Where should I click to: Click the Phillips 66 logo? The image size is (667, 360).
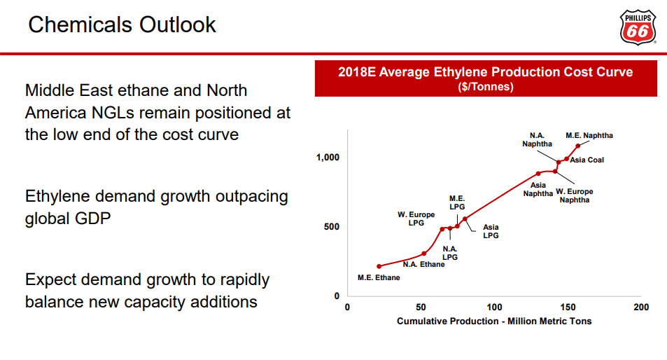[638, 27]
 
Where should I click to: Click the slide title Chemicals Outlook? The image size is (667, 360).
[122, 25]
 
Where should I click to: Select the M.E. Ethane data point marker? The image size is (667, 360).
[379, 266]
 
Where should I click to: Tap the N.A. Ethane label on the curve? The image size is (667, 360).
[423, 264]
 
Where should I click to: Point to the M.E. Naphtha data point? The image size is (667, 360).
[578, 146]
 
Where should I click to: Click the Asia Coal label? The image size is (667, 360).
[587, 160]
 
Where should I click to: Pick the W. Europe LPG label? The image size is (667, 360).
[416, 219]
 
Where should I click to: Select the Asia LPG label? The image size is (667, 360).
[491, 231]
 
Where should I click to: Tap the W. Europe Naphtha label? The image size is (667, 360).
[575, 195]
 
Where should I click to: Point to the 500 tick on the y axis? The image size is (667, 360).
[330, 227]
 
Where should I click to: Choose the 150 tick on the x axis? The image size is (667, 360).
[568, 307]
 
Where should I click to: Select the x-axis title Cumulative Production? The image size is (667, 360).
[494, 321]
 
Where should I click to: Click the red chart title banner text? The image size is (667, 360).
[485, 72]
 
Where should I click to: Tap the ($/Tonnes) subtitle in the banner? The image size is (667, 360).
[485, 87]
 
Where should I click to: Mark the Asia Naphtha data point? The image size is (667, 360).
[538, 174]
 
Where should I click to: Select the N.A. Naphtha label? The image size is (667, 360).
[537, 139]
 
